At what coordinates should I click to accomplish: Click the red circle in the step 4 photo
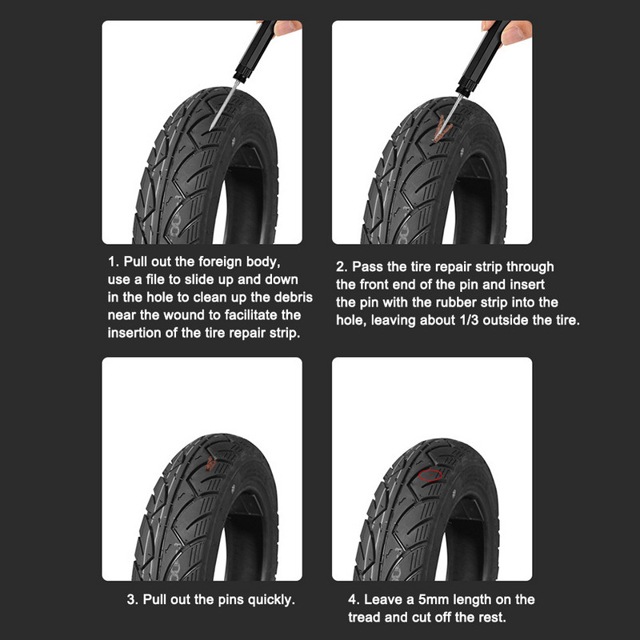tap(430, 475)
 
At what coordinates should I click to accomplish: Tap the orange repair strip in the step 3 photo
tap(210, 461)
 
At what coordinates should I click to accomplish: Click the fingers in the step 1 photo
tap(288, 28)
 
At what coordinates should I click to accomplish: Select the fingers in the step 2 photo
tap(518, 30)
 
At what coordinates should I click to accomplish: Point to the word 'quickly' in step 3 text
tap(269, 598)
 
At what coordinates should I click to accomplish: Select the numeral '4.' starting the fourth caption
tap(353, 600)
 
